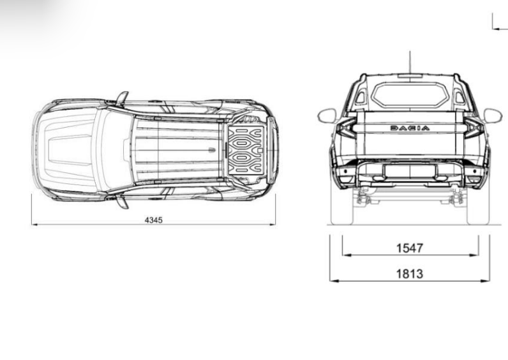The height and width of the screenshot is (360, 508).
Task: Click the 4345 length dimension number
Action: tap(154, 220)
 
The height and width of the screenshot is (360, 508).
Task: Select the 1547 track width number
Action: tap(410, 248)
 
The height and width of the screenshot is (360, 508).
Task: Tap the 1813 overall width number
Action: tap(410, 274)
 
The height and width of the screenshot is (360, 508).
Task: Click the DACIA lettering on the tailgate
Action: tap(410, 128)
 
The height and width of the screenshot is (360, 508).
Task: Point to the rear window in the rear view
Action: tap(410, 94)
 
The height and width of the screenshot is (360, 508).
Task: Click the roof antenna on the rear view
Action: tap(410, 62)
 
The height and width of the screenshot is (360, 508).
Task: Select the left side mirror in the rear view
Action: tap(327, 116)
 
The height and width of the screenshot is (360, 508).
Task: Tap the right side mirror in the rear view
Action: tap(493, 116)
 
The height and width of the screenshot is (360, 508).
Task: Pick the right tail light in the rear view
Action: tap(474, 128)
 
